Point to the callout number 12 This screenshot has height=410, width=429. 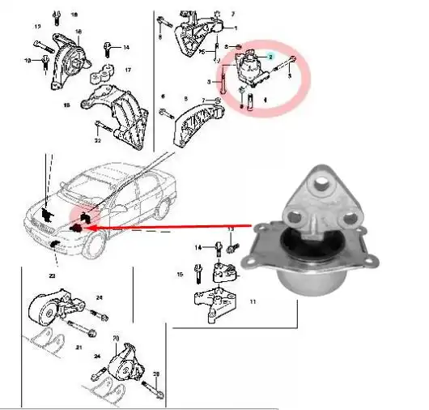37,27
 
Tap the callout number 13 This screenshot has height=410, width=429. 231,229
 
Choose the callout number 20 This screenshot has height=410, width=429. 116,338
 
